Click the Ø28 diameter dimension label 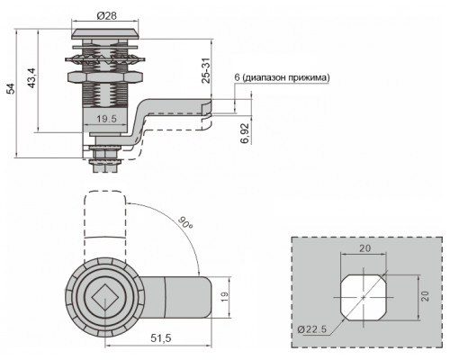tap(107, 15)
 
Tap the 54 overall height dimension tap(11, 89)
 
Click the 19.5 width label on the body tap(106, 119)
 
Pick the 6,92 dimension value tap(245, 133)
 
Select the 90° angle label tap(185, 222)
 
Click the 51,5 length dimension tap(161, 338)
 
